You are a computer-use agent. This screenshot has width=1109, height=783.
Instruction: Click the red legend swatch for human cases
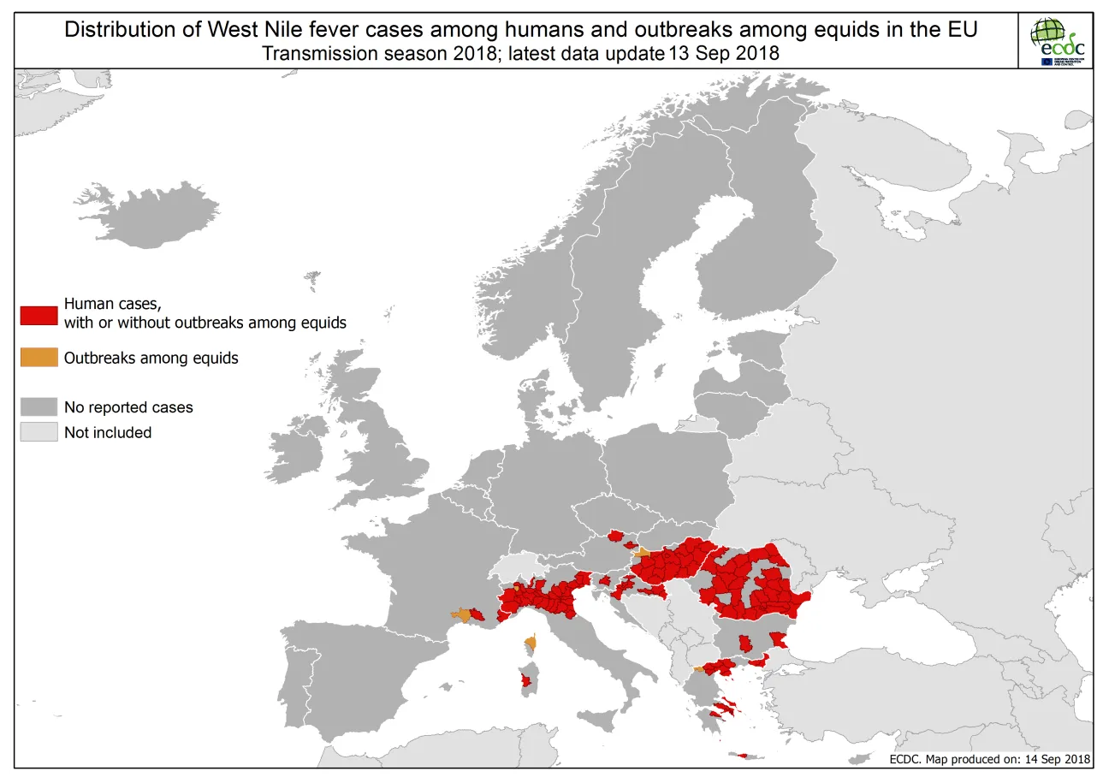pyautogui.click(x=39, y=314)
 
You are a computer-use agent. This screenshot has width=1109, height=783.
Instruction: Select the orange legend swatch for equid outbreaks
pyautogui.click(x=39, y=358)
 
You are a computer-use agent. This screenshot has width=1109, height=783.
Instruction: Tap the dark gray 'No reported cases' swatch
pyautogui.click(x=39, y=406)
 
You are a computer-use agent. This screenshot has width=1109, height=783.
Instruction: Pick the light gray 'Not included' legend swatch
pyautogui.click(x=39, y=432)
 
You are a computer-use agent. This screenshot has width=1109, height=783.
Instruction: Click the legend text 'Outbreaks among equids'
pyautogui.click(x=151, y=359)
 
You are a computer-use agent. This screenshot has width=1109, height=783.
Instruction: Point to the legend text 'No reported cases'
pyautogui.click(x=128, y=407)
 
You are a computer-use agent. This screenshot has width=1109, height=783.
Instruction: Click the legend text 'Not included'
pyautogui.click(x=108, y=433)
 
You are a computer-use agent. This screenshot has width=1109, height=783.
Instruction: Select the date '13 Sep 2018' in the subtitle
pyautogui.click(x=724, y=53)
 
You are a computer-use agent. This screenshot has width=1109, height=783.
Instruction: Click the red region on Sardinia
pyautogui.click(x=526, y=682)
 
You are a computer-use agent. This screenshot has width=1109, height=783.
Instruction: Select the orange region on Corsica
pyautogui.click(x=531, y=641)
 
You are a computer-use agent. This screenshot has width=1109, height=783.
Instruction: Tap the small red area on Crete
pyautogui.click(x=742, y=756)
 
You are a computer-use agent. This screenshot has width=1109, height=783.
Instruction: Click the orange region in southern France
pyautogui.click(x=462, y=614)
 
